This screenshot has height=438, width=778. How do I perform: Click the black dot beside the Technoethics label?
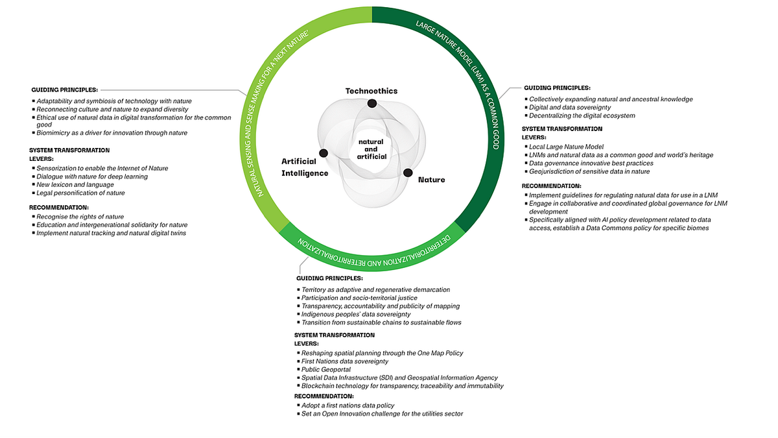click(x=372, y=103)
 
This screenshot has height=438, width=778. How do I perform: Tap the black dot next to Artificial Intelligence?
click(x=324, y=153)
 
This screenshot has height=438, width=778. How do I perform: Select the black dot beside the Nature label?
click(x=408, y=173)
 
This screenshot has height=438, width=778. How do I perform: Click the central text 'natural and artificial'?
click(x=371, y=149)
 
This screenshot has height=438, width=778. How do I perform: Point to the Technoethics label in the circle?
click(x=371, y=91)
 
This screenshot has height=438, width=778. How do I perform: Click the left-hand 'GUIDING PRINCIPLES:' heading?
click(x=65, y=90)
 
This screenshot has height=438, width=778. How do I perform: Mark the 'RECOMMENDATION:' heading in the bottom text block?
click(x=324, y=396)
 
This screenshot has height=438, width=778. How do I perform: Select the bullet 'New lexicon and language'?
click(x=75, y=185)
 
